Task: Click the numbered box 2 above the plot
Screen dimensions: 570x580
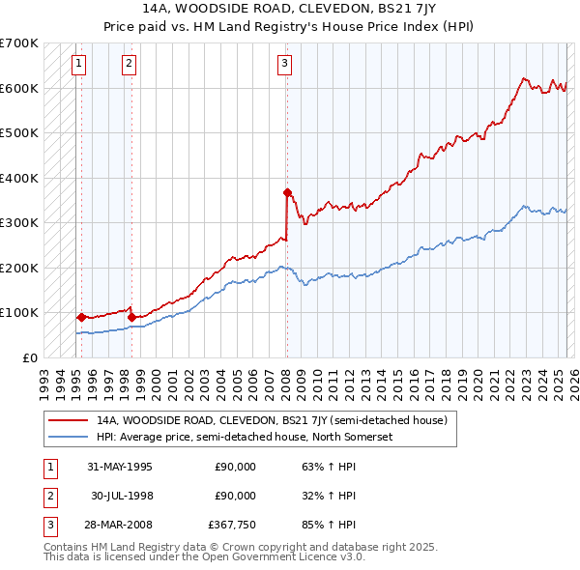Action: [x=129, y=65]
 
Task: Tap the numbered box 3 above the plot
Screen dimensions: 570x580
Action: [x=285, y=65]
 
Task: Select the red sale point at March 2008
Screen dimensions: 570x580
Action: [x=287, y=192]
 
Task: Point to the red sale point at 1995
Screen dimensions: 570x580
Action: [x=81, y=317]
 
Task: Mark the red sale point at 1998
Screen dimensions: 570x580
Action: [x=131, y=317]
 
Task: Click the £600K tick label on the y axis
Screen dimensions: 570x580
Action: [x=18, y=88]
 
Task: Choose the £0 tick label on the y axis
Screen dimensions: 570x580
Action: [x=30, y=357]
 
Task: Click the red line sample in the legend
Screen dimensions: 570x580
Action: [x=69, y=420]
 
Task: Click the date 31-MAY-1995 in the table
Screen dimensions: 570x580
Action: [x=119, y=467]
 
